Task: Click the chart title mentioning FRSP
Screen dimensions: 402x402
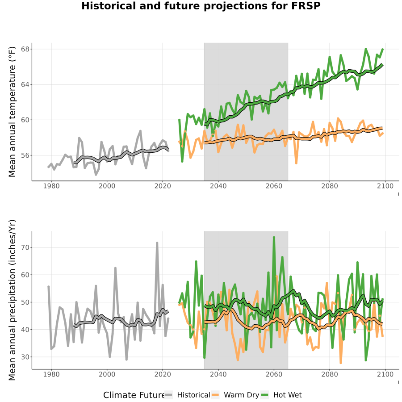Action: (x=201, y=6)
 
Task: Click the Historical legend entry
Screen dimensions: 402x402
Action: (x=187, y=395)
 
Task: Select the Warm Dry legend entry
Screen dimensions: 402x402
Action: (x=235, y=395)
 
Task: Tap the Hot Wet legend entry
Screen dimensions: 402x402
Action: (x=281, y=395)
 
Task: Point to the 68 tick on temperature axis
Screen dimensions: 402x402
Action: (x=25, y=49)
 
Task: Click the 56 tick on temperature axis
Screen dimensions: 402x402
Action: (x=25, y=155)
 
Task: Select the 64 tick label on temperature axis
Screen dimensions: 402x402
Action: (x=25, y=84)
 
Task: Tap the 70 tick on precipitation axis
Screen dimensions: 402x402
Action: (x=25, y=247)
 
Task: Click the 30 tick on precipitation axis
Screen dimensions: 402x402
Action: (x=25, y=357)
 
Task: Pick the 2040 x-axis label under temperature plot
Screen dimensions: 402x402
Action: (x=218, y=186)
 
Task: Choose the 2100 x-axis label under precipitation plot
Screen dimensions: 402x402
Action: (x=385, y=374)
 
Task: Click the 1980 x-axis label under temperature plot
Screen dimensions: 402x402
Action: (x=51, y=186)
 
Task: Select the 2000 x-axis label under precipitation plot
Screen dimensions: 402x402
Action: (x=107, y=374)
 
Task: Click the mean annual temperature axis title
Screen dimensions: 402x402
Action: (x=12, y=112)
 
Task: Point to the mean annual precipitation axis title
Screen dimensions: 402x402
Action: (x=12, y=300)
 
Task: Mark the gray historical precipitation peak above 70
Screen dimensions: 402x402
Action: (x=157, y=243)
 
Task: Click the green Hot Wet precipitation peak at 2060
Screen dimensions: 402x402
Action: (x=274, y=238)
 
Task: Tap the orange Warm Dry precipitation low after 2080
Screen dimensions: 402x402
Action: (x=341, y=363)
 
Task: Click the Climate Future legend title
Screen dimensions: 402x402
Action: (x=134, y=395)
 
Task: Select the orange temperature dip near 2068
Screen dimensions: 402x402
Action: (x=296, y=163)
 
